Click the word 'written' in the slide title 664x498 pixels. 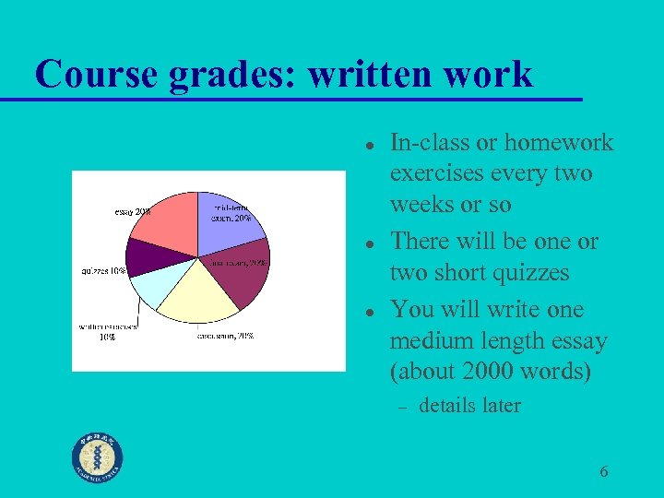pos(365,74)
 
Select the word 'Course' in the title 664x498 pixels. pos(96,74)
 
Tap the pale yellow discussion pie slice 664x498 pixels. pos(198,290)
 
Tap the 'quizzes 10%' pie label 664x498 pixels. pos(104,271)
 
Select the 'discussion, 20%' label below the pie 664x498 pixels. pos(225,336)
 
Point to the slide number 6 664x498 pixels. pos(604,472)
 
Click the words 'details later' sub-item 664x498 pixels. pos(469,406)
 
